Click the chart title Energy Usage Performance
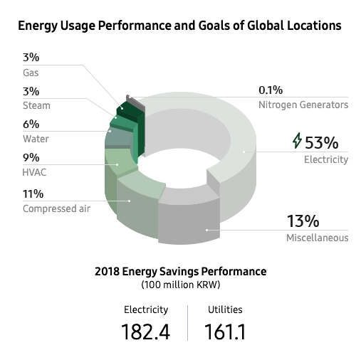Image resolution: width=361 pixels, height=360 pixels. pyautogui.click(x=179, y=26)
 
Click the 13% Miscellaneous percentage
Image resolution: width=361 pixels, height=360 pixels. pyautogui.click(x=303, y=221)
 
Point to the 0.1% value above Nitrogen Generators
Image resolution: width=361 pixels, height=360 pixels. pyautogui.click(x=271, y=90)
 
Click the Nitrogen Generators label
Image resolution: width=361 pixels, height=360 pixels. pyautogui.click(x=303, y=105)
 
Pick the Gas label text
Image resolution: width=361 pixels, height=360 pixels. pyautogui.click(x=31, y=73)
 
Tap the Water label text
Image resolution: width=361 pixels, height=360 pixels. pyautogui.click(x=36, y=139)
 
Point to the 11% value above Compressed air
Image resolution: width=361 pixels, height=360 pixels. pyautogui.click(x=33, y=194)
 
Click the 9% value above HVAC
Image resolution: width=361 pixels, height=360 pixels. pyautogui.click(x=31, y=158)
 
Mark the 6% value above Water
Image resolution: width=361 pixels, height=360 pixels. pyautogui.click(x=31, y=125)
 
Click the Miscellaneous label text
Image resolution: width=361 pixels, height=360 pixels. pyautogui.click(x=317, y=238)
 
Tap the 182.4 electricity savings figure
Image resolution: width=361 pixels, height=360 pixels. pyautogui.click(x=147, y=332)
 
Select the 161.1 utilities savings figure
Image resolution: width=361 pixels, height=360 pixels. pyautogui.click(x=225, y=332)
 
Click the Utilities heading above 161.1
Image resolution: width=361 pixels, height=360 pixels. pyautogui.click(x=225, y=309)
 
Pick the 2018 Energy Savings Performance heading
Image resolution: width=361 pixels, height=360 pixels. pyautogui.click(x=180, y=272)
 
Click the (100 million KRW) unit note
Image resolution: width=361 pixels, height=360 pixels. pyautogui.click(x=180, y=285)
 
